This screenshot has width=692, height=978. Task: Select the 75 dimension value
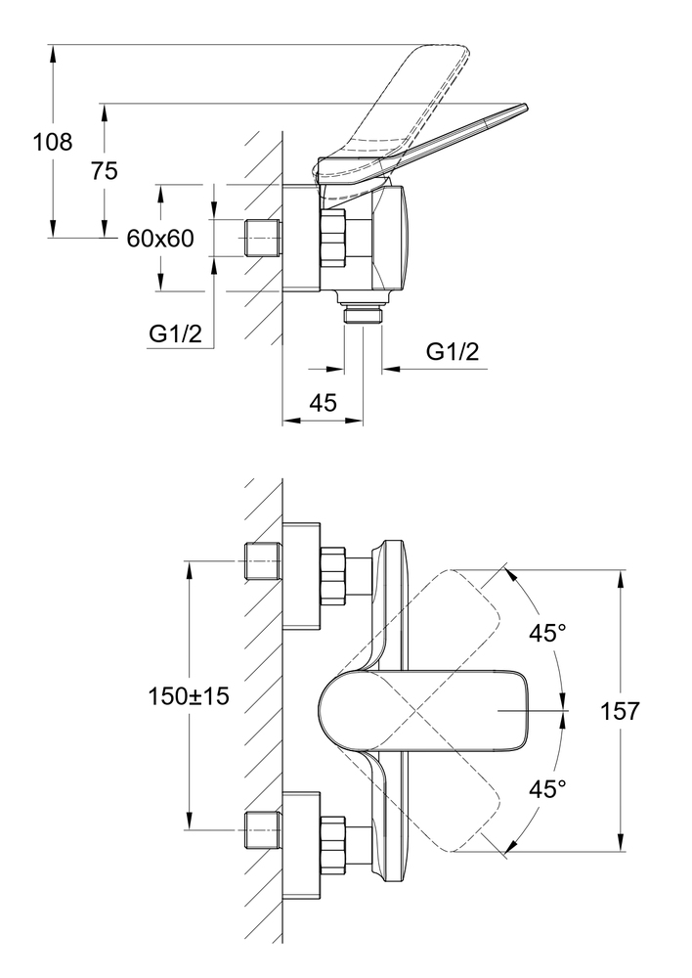pyautogui.click(x=104, y=171)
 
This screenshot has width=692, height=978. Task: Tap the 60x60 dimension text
pyautogui.click(x=161, y=238)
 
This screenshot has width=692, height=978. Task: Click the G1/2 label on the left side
pyautogui.click(x=176, y=333)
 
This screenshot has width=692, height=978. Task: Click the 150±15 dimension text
pyautogui.click(x=189, y=696)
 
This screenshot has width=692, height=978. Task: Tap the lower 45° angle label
pyautogui.click(x=547, y=787)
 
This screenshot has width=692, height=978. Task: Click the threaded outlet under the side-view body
pyautogui.click(x=365, y=314)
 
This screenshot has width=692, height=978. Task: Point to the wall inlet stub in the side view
pyautogui.click(x=261, y=238)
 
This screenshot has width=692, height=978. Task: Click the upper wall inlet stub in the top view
pyautogui.click(x=261, y=560)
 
